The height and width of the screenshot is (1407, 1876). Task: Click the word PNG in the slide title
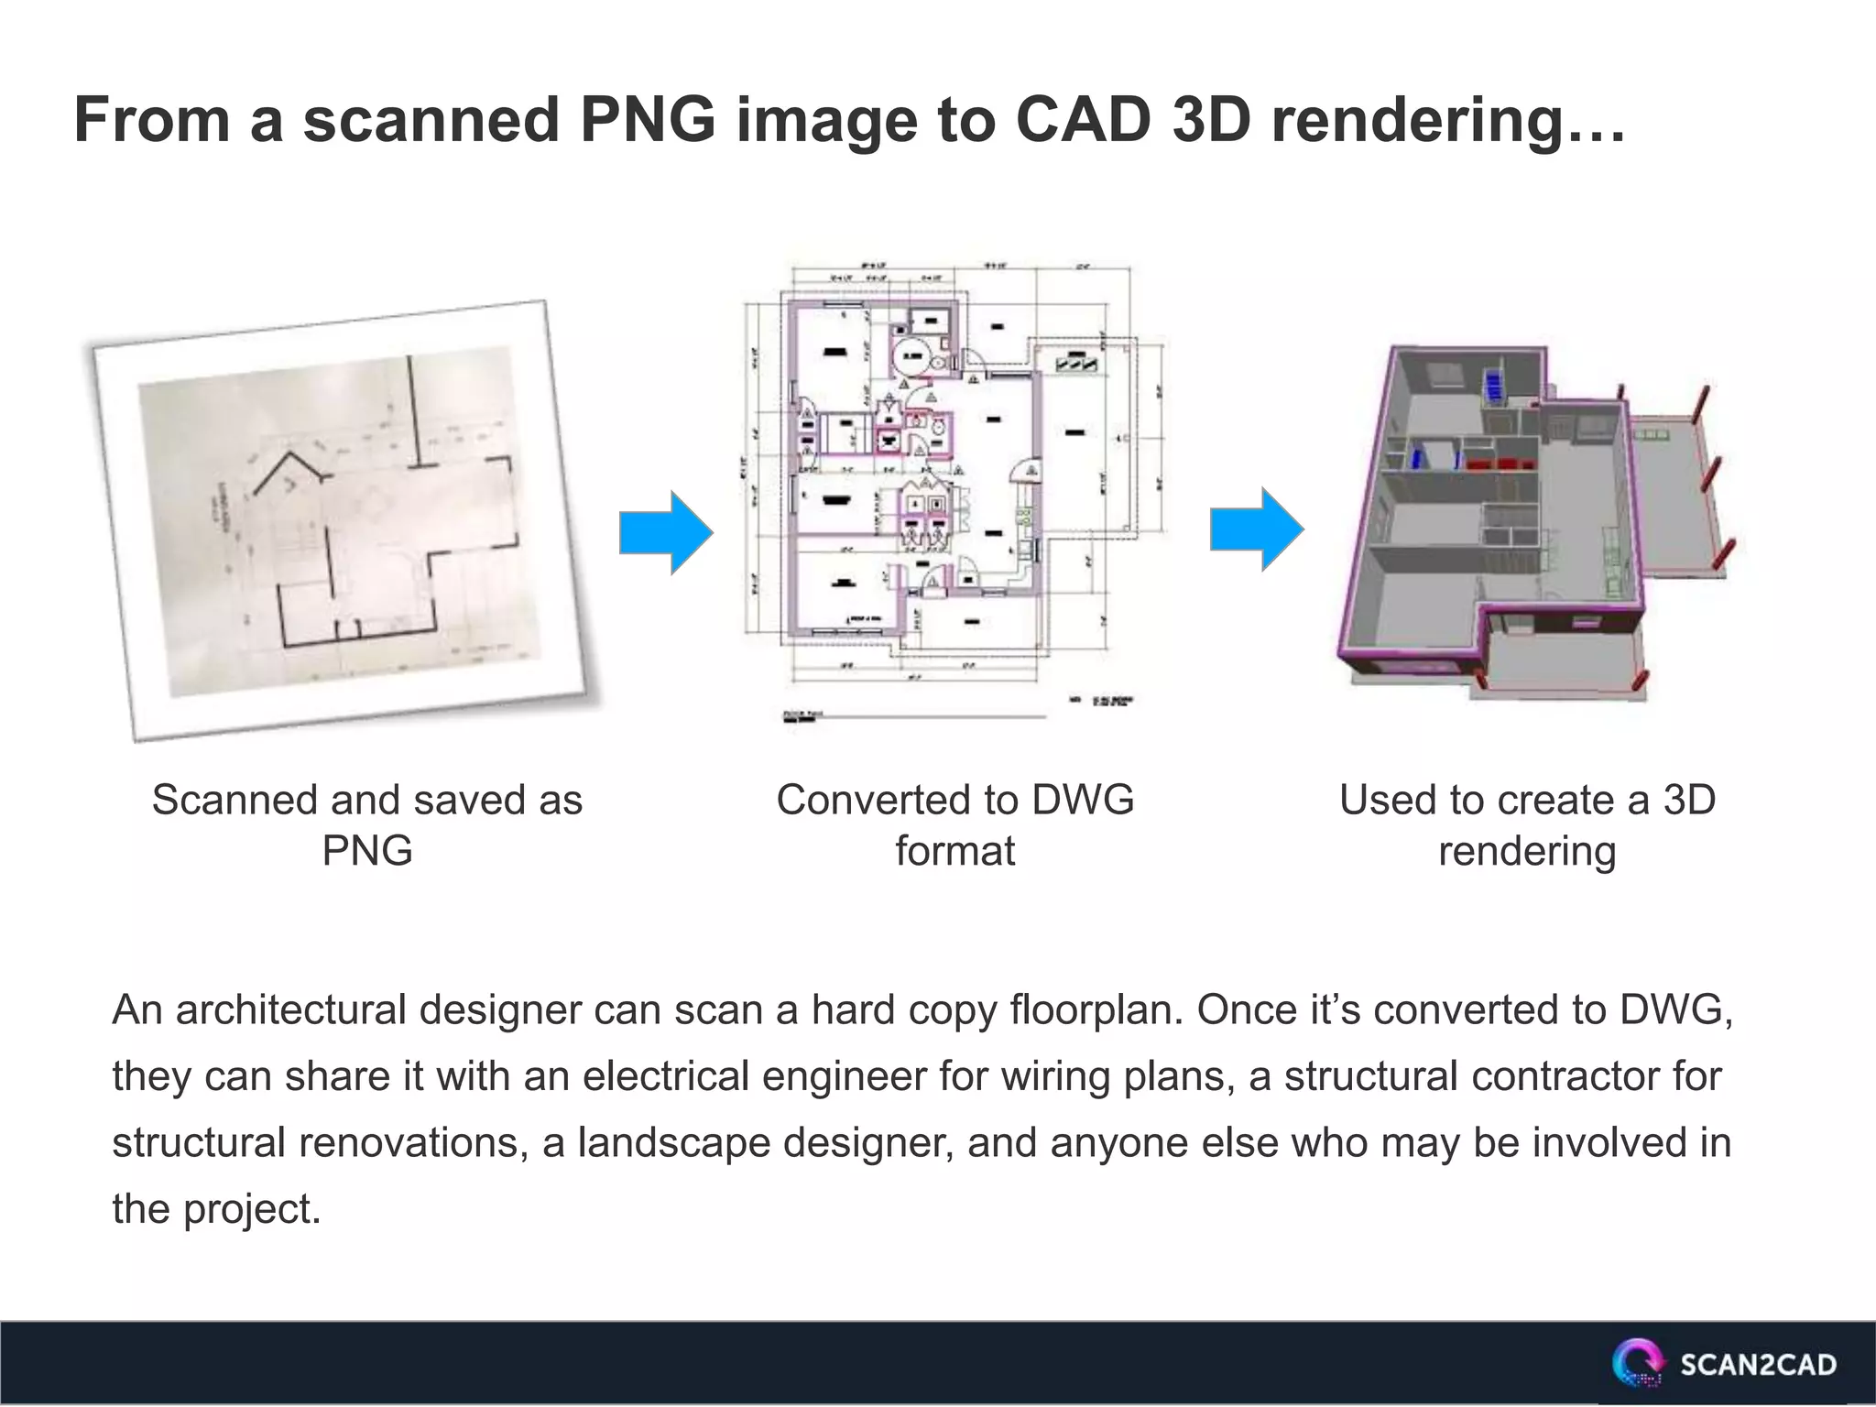click(648, 120)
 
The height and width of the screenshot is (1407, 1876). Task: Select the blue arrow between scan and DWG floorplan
click(666, 533)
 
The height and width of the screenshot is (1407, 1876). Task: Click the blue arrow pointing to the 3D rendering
click(1257, 529)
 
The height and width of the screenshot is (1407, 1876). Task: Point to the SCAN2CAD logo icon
click(1638, 1365)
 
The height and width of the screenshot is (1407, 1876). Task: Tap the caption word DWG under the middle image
click(1083, 800)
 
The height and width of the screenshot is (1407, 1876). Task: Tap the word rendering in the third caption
click(1527, 851)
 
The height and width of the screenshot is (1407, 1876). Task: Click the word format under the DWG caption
click(954, 851)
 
